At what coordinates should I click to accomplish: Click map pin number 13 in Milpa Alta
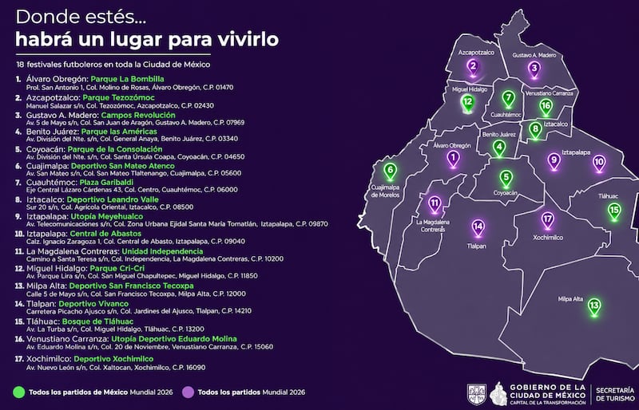tap(593, 306)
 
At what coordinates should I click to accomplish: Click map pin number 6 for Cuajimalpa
tap(391, 170)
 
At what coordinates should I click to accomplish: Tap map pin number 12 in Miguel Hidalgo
tap(468, 102)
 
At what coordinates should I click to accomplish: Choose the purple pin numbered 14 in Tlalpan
tap(478, 226)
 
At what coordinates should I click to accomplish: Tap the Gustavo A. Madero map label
tap(534, 55)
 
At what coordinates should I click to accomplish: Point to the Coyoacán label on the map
tap(506, 192)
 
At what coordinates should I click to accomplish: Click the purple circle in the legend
tap(189, 392)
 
